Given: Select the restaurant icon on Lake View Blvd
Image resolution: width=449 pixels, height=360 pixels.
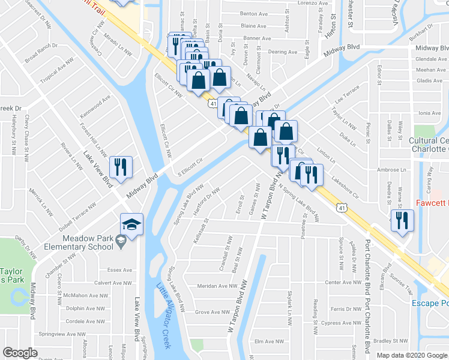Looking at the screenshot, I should (x=120, y=167).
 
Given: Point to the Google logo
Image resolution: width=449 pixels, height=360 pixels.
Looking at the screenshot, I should (x=20, y=353).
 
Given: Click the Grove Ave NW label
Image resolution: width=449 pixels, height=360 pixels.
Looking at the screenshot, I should (x=212, y=312).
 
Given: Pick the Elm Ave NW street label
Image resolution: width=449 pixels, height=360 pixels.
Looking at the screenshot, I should (x=268, y=341).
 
